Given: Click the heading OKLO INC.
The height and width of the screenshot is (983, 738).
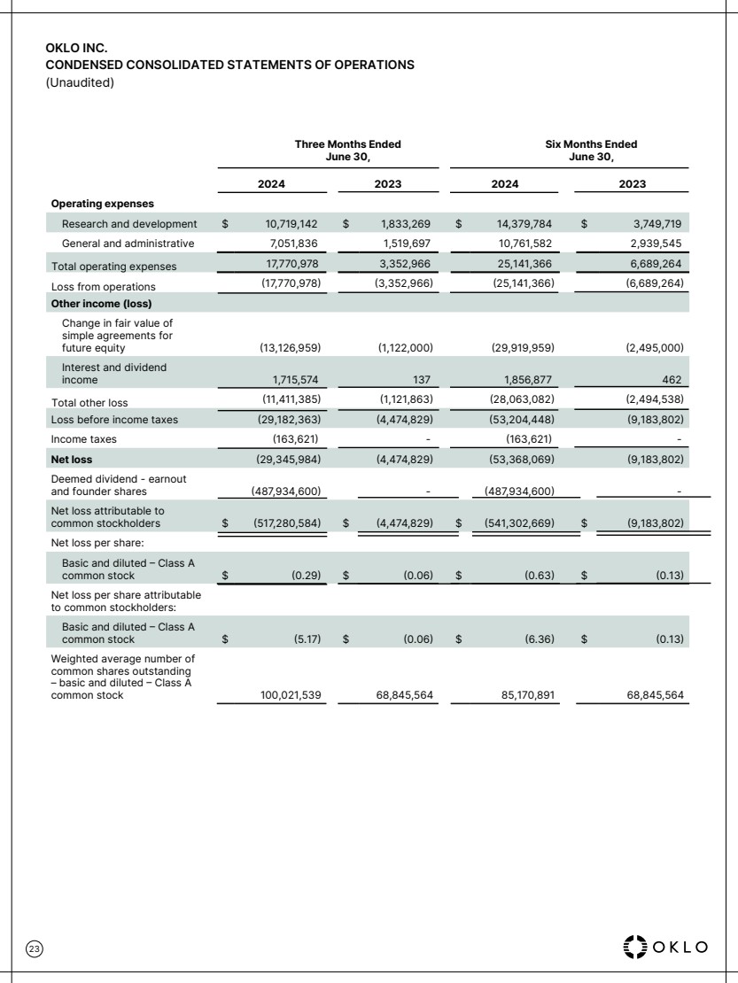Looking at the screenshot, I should [75, 50].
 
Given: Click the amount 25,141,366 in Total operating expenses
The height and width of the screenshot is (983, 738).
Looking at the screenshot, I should [523, 265].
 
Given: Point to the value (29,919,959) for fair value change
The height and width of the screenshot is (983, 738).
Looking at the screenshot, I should [522, 346].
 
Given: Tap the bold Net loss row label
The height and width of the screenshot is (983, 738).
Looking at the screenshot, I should [72, 459].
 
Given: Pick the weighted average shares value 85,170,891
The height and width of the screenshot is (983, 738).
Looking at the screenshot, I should [523, 695].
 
